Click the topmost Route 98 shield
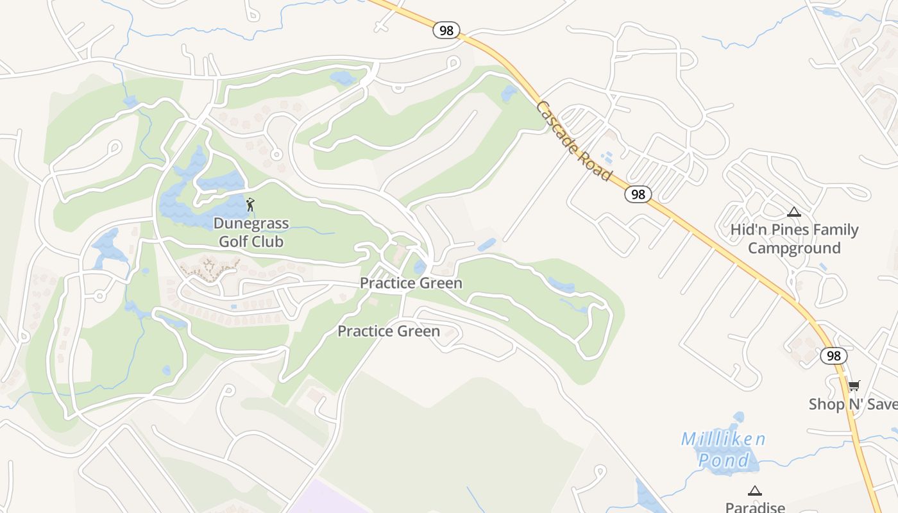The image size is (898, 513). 446,30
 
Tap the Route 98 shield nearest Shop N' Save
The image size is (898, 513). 833,356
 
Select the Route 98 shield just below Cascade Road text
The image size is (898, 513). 638,194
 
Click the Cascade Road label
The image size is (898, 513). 573,140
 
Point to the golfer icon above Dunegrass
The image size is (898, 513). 250,205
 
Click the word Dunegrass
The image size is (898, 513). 251,224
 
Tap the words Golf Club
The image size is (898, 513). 251,242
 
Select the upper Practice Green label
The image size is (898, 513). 411,283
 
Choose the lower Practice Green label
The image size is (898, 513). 389,331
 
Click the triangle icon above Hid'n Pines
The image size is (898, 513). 794,212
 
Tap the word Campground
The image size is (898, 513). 794,248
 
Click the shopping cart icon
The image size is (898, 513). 853,386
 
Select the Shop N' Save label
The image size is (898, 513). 852,404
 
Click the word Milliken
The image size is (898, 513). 723,439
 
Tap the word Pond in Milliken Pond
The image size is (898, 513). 723,460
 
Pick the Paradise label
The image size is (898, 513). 755,507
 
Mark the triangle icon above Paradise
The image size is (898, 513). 755,491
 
